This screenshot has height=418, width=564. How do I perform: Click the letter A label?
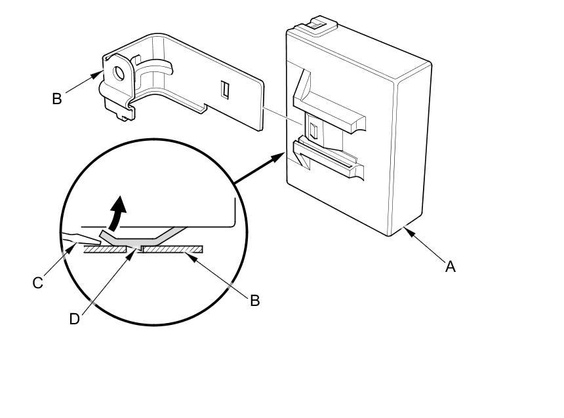coord(450,267)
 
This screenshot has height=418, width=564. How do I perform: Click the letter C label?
coord(37,283)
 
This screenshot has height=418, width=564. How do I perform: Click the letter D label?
coord(75,318)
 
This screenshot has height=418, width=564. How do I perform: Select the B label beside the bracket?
coord(57,99)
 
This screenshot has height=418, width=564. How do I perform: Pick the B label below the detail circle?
coord(255,300)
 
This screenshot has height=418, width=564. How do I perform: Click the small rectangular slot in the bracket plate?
coord(224,90)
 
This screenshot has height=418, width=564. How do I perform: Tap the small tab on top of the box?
coord(316,25)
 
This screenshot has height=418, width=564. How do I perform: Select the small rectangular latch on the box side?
coord(313,130)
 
